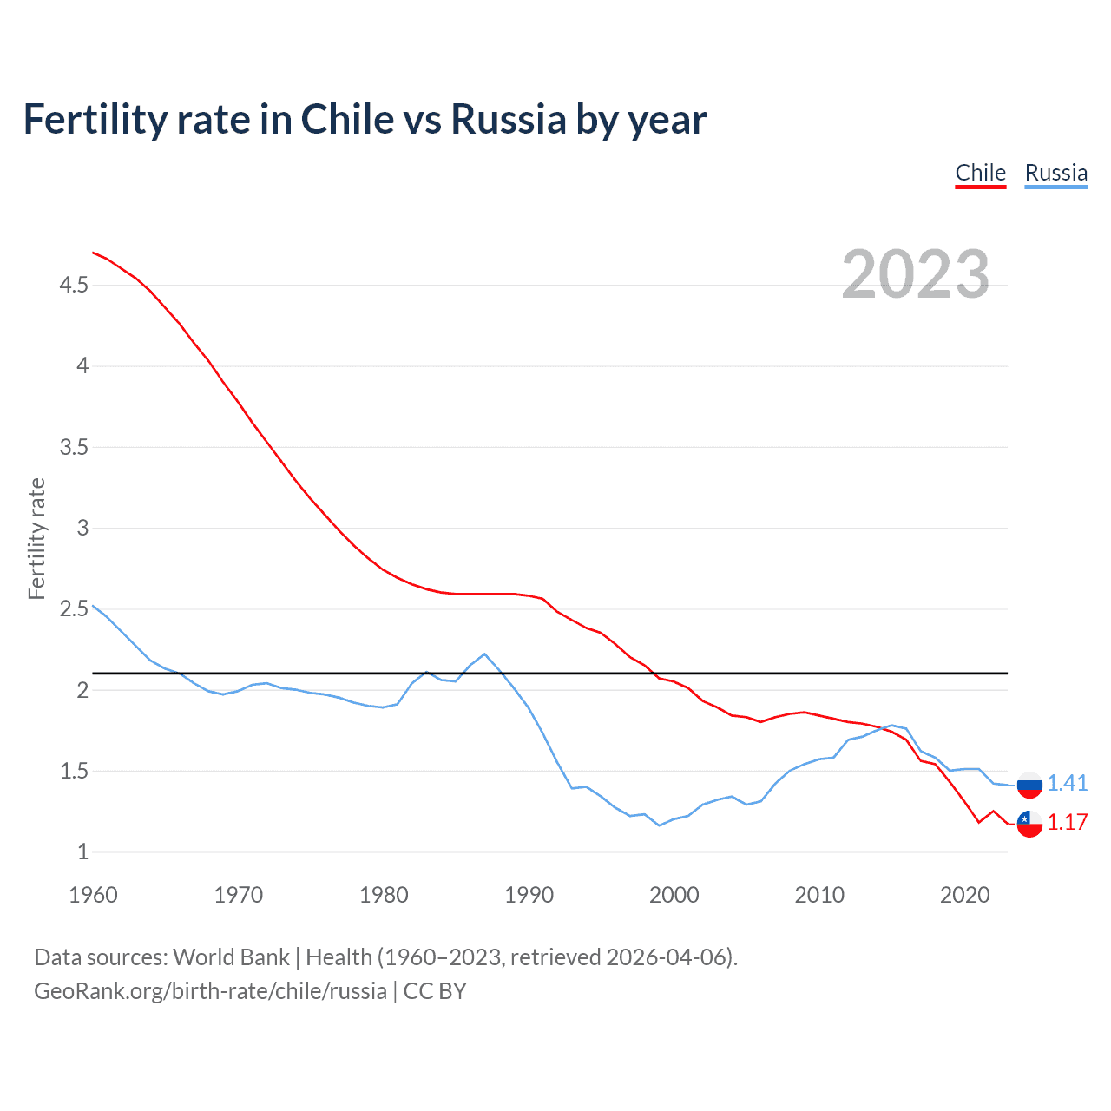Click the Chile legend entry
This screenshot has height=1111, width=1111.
click(980, 173)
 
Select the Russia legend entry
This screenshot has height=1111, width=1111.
click(1055, 173)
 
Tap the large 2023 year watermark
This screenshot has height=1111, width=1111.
click(915, 274)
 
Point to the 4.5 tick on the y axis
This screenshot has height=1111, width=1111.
click(74, 285)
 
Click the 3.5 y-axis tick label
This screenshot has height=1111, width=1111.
click(74, 447)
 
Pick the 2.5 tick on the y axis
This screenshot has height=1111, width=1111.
click(74, 609)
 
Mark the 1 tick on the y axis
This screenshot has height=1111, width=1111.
click(82, 852)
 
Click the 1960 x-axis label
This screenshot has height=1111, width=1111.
click(93, 895)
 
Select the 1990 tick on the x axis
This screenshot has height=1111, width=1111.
click(529, 895)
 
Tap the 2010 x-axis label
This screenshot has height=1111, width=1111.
click(818, 895)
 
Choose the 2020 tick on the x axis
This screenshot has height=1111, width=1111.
click(964, 895)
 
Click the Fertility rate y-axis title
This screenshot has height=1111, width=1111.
click(36, 538)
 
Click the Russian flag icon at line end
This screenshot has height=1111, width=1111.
click(1029, 784)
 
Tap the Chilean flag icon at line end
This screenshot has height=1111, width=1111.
click(1029, 823)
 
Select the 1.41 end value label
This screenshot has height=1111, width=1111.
click(1067, 783)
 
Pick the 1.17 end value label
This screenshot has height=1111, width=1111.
click(1067, 823)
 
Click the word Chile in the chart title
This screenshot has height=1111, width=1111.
click(345, 119)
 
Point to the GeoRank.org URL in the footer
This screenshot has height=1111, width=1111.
click(210, 991)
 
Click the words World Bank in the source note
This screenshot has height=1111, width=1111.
click(231, 957)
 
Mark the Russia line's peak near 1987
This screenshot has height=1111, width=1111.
click(484, 654)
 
